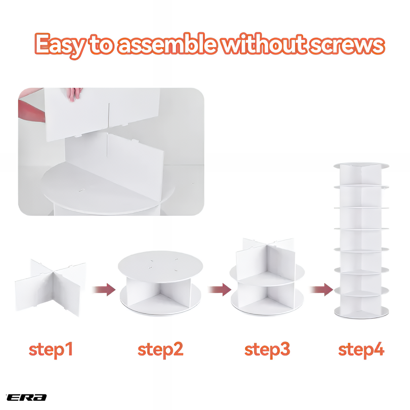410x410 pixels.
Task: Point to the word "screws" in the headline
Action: click(x=347, y=45)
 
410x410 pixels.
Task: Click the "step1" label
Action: click(x=51, y=350)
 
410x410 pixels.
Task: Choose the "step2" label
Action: click(x=161, y=350)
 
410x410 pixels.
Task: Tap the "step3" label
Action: click(x=267, y=350)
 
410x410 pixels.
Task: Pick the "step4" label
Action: click(x=361, y=350)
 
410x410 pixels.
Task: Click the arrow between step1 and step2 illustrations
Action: click(x=104, y=290)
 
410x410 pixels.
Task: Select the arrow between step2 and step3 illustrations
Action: click(x=220, y=290)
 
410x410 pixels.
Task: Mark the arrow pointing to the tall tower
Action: click(x=322, y=290)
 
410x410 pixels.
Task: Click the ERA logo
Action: click(x=26, y=397)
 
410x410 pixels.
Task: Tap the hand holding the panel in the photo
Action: click(x=74, y=95)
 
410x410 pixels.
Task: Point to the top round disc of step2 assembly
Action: click(x=160, y=266)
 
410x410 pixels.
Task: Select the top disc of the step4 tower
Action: click(x=361, y=165)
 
